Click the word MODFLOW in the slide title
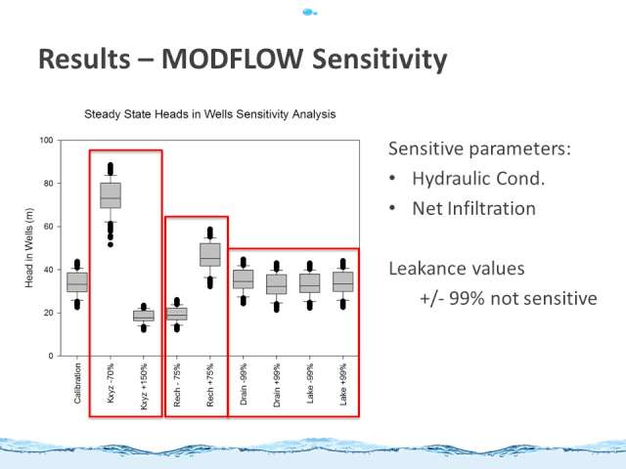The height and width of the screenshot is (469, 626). tap(232, 59)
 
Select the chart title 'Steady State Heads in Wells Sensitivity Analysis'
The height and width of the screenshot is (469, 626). tap(210, 114)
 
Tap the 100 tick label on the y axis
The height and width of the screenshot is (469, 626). tap(46, 140)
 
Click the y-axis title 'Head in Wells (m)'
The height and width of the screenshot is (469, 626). tap(29, 247)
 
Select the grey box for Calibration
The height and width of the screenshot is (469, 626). tap(77, 282)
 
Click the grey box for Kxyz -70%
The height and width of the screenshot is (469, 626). tap(111, 195)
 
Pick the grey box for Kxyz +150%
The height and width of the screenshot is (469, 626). tap(144, 316)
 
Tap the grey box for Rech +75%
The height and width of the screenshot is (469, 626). tap(210, 255)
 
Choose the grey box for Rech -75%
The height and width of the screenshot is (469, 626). tap(177, 314)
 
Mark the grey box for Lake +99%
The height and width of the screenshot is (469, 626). tap(343, 281)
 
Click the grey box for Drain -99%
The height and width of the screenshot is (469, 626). tap(244, 279)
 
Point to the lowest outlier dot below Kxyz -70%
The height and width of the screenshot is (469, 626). tap(111, 244)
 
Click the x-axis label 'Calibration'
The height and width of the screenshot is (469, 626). tap(77, 383)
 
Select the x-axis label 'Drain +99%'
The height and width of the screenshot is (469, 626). tap(277, 385)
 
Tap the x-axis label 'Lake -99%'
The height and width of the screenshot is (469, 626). tap(310, 383)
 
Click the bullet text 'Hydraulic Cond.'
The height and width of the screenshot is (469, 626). tap(478, 178)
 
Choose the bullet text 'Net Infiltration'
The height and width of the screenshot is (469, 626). tap(473, 208)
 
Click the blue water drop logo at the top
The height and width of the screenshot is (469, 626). tap(309, 13)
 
